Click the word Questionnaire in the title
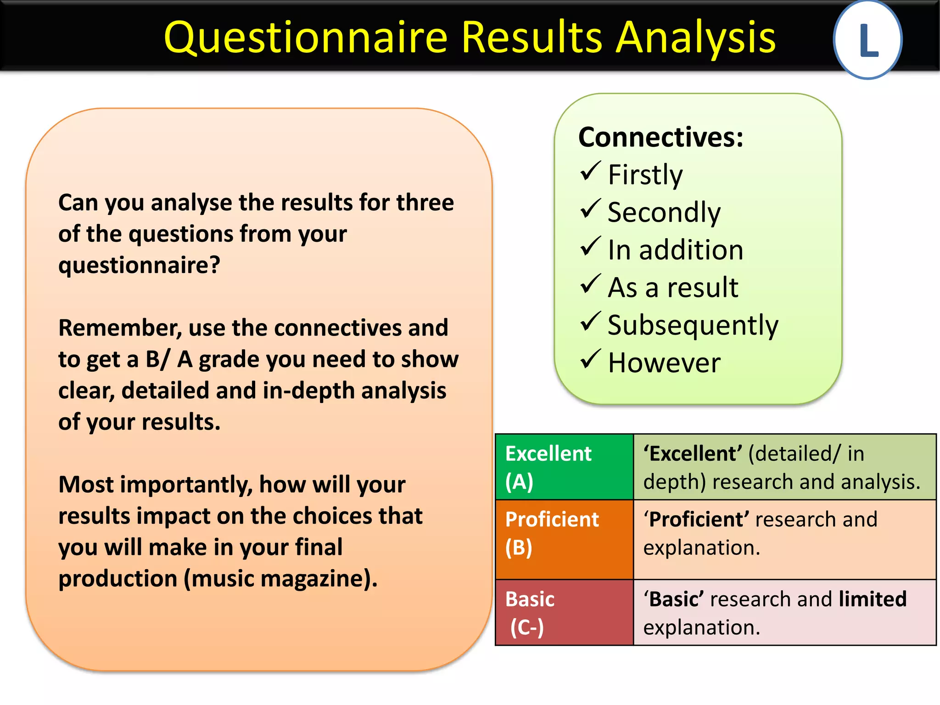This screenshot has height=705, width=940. pos(305,38)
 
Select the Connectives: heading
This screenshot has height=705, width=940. pos(660,137)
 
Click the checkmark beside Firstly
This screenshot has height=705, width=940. pos(590,171)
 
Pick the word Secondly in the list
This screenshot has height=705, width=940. pos(664,212)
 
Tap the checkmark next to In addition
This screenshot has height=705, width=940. pos(590,246)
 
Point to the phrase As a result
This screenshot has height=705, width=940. pos(673,288)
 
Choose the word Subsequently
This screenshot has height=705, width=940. pos(693,325)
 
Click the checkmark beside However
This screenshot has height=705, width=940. pos(590,359)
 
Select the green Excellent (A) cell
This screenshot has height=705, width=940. pos(564,467)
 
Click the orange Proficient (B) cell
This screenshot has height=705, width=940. pos(564,539)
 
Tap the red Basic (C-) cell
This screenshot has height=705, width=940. pos(564,613)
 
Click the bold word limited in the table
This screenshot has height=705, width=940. pos(872,599)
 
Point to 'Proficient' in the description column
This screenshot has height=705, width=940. pos(696,520)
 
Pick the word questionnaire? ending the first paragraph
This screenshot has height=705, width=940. pos(139,265)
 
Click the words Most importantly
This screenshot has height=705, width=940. pos(155,485)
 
